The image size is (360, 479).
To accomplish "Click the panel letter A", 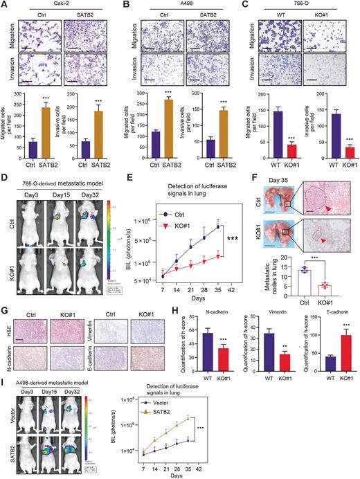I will [x=5, y=6].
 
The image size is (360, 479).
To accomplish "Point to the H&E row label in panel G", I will [x=8, y=323].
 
